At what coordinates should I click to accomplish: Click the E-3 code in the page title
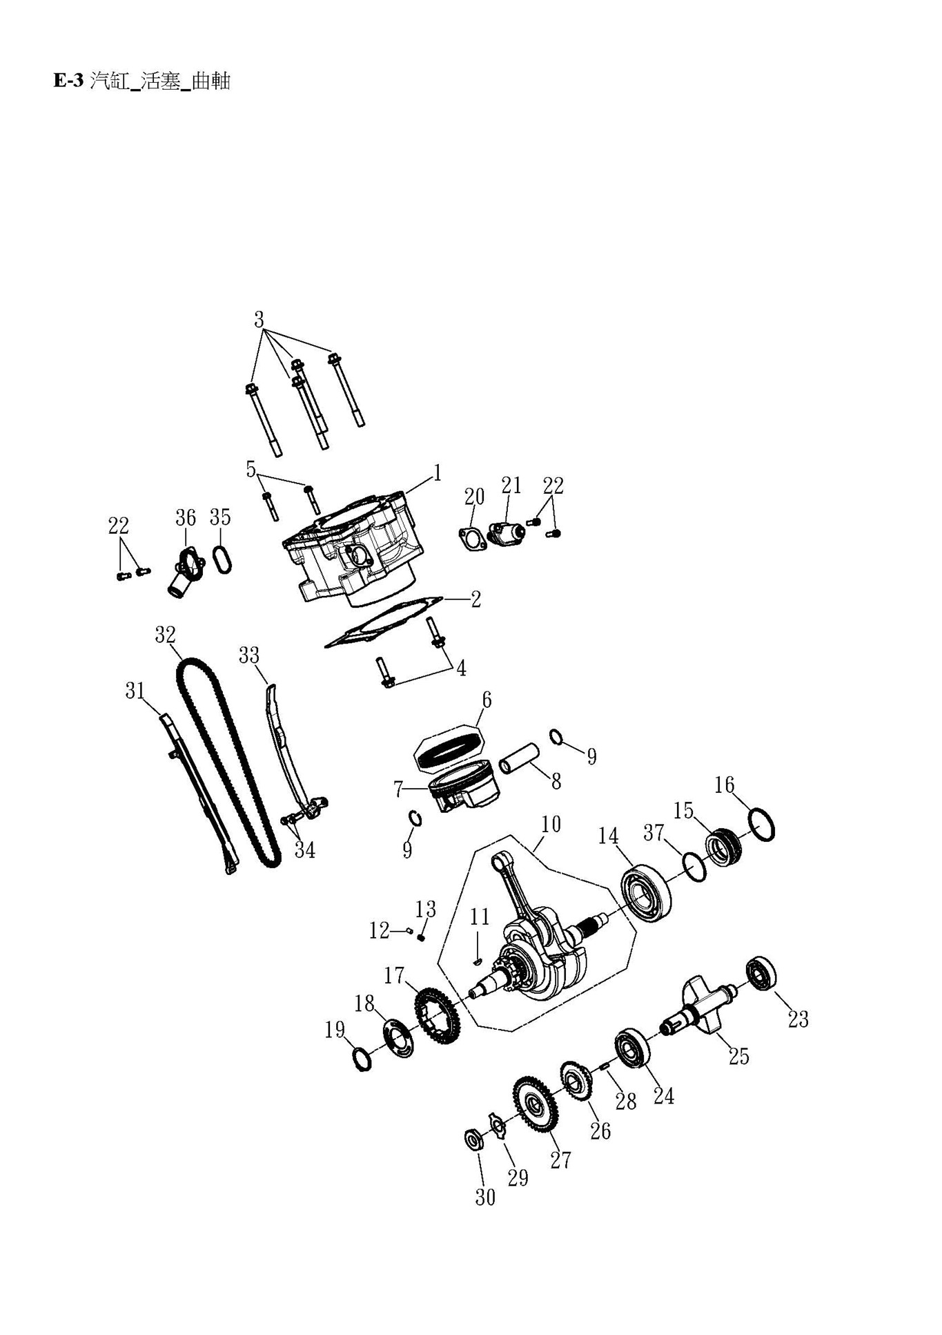point(68,81)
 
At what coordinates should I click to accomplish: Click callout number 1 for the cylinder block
point(437,473)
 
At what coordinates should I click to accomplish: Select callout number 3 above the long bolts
point(259,320)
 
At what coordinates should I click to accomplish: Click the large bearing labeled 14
point(646,895)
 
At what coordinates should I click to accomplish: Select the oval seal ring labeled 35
point(222,559)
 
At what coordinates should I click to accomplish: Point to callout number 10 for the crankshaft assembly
point(551,824)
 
